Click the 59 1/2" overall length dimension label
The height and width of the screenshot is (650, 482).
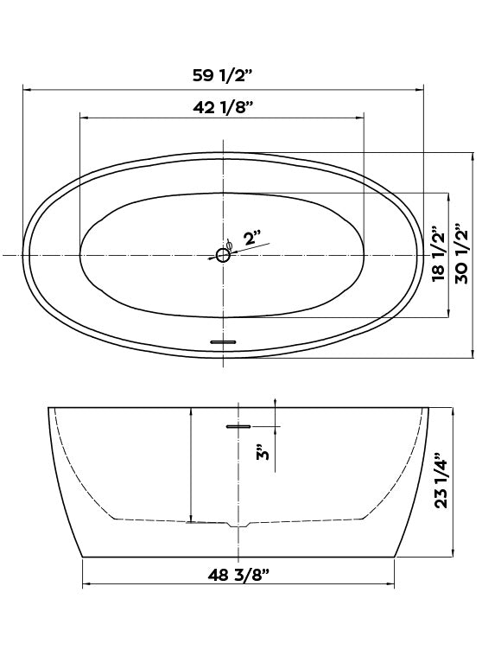(221, 74)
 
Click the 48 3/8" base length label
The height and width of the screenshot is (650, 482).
(238, 573)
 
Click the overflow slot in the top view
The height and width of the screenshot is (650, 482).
(223, 342)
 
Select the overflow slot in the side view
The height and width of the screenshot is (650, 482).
(238, 425)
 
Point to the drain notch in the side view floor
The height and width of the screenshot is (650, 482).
(238, 525)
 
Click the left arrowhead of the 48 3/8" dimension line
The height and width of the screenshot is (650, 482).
(86, 587)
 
